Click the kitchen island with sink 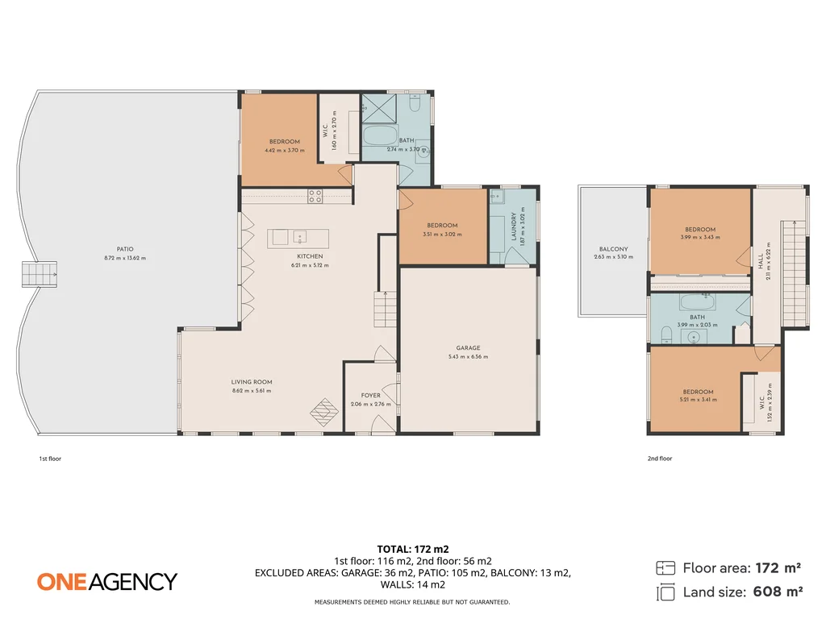pos(298,237)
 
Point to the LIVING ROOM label pos(252,382)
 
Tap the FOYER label pos(371,396)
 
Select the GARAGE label pos(468,348)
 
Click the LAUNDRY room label pos(513,226)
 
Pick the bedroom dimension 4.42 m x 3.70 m pos(285,150)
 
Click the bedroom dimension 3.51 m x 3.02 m pos(443,234)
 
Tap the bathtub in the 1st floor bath pos(380,135)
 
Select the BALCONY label pos(613,249)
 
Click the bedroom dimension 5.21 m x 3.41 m pos(698,400)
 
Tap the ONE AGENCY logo pos(106,581)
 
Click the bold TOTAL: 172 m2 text pos(412,549)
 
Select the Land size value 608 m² pos(778,592)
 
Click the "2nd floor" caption pos(659,459)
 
